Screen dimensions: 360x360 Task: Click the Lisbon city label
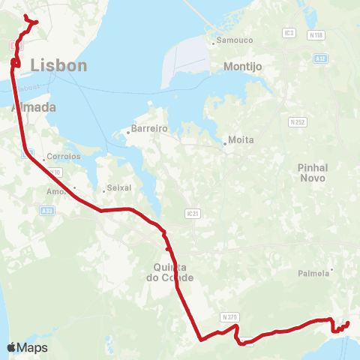[x=59, y=66]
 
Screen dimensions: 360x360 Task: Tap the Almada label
[x=34, y=107]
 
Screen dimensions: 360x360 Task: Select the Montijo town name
[x=242, y=66]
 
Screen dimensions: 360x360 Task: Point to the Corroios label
[x=63, y=157]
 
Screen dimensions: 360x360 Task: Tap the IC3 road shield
[x=289, y=33]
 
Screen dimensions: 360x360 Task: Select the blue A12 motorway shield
[x=320, y=58]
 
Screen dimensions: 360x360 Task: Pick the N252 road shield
[x=298, y=120]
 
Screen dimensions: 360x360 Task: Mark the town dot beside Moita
[x=225, y=142]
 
